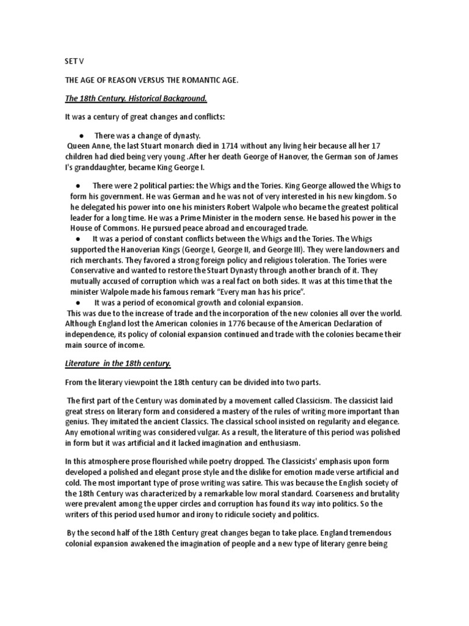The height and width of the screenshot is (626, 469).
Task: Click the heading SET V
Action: pyautogui.click(x=73, y=62)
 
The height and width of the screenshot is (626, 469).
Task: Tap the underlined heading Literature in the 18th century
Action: pyautogui.click(x=118, y=363)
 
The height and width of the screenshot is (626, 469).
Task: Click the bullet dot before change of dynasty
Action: pyautogui.click(x=81, y=135)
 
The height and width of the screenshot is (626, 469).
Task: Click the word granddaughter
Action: pyautogui.click(x=102, y=167)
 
